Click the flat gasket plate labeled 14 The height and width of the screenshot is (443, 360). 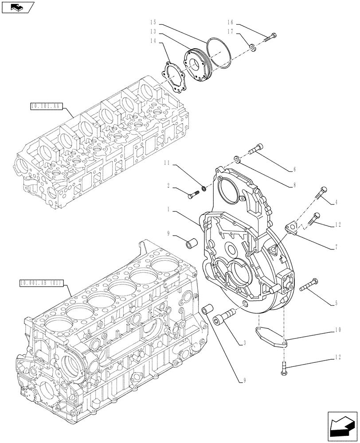[x=173, y=76]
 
